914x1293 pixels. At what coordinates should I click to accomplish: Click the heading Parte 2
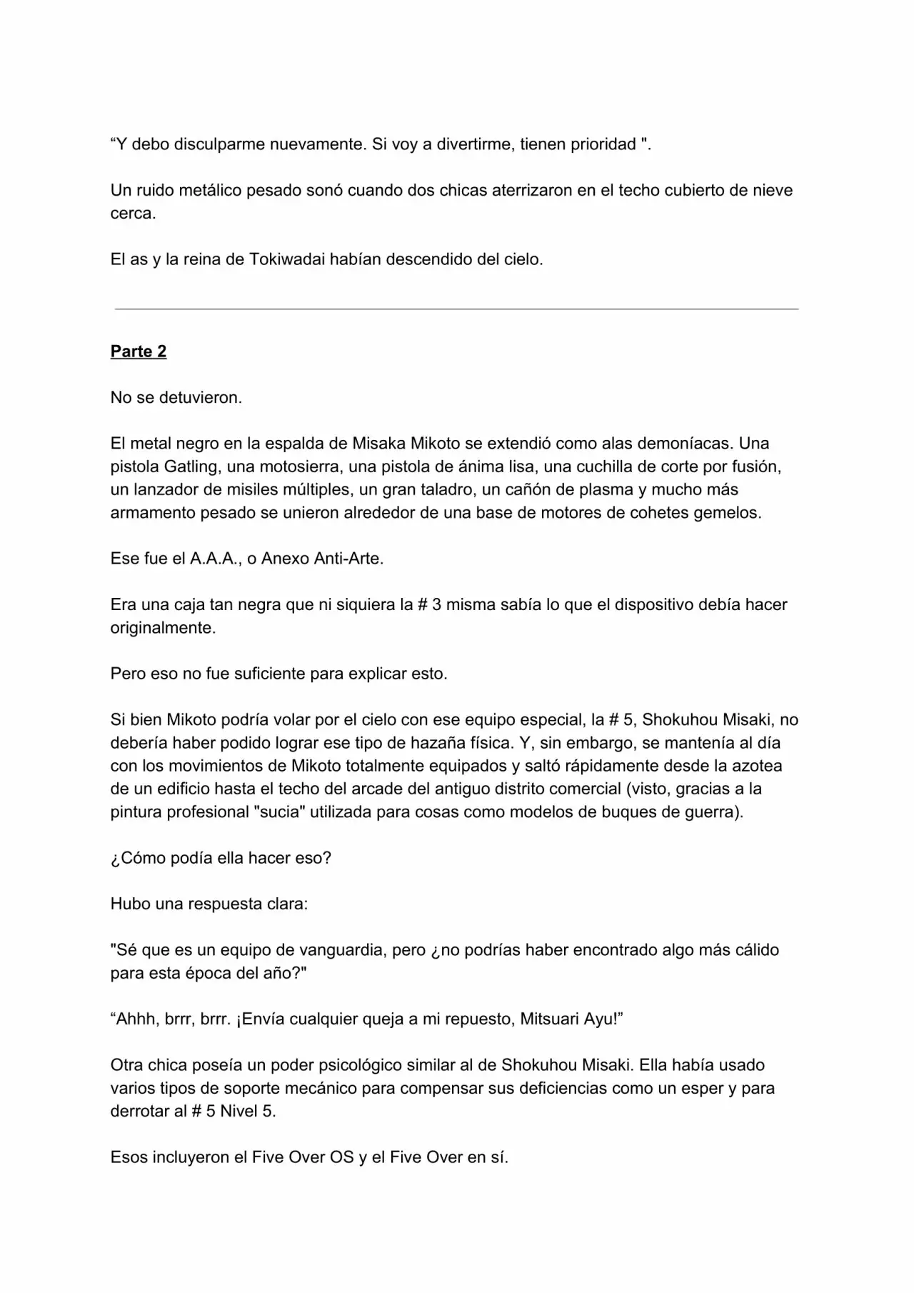(139, 351)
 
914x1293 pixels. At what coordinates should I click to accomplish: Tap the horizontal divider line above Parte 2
(456, 309)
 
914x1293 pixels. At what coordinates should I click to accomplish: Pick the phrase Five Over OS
(303, 1157)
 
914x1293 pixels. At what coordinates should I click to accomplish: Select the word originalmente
(163, 628)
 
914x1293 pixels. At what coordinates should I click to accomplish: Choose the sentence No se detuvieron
(176, 398)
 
